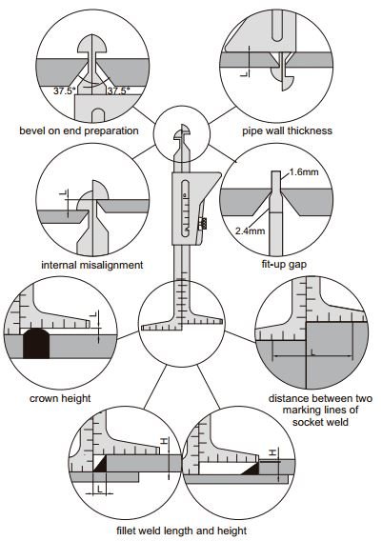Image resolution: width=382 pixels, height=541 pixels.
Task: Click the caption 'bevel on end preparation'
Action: pos(79,130)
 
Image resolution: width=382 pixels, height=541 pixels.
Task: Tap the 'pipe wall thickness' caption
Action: pos(287,130)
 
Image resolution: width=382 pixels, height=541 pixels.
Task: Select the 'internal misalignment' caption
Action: pos(92,265)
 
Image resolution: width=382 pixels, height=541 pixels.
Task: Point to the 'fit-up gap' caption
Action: pos(284,265)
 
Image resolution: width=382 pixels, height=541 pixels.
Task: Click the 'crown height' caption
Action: pos(60,398)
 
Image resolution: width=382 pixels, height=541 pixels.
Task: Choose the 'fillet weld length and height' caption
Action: pos(182,531)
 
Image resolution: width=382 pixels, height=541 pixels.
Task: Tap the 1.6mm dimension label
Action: pos(304,171)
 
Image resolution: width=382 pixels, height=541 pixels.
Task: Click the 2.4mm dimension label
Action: pos(251,230)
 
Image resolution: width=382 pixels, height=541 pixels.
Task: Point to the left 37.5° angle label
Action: pos(65,91)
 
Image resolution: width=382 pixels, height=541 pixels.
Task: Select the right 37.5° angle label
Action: pos(118,91)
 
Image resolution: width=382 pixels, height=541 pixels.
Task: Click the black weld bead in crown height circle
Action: pos(36,344)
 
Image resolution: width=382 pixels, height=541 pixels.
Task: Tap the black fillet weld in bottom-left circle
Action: pos(100,465)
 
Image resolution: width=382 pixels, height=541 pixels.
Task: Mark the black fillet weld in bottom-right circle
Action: pos(251,469)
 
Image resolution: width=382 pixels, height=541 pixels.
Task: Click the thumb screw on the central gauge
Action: pos(202,224)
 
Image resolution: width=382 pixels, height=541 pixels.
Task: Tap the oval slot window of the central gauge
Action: pos(186,209)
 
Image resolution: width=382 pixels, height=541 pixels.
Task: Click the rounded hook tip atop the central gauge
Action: pos(183,131)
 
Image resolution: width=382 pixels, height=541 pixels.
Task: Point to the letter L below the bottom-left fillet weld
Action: pos(100,489)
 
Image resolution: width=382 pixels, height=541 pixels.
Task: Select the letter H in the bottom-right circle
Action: pos(273,452)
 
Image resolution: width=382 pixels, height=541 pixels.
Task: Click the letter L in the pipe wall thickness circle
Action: pos(244,73)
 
